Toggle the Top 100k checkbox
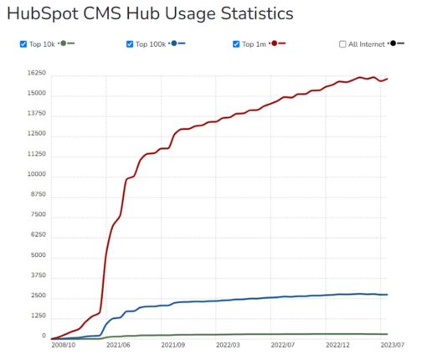pos(130,44)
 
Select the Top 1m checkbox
pos(237,44)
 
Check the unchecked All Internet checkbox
pos(343,44)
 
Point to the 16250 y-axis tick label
pos(35,75)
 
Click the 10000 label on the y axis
pos(35,175)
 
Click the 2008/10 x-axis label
pos(64,345)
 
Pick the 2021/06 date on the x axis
pos(117,345)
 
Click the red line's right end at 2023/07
pos(388,79)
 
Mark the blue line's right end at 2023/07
pos(388,295)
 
